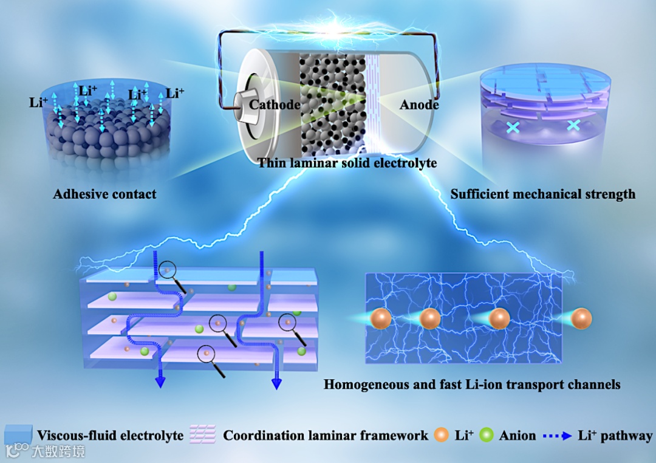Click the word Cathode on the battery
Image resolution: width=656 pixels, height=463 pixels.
point(275,105)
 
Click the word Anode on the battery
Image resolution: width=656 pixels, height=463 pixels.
point(419,105)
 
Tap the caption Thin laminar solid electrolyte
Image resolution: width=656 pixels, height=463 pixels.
point(347,163)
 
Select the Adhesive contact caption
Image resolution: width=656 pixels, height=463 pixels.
point(104,194)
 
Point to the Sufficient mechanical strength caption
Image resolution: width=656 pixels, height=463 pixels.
point(543,194)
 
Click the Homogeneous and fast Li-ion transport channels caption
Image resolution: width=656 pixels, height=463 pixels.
point(472,384)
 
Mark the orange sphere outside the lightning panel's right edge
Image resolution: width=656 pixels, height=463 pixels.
point(582,318)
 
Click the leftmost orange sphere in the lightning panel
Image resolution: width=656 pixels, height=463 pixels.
point(380,318)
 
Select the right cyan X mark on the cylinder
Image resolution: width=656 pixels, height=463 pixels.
point(573,126)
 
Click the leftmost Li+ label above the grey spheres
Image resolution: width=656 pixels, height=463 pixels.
point(37,101)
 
